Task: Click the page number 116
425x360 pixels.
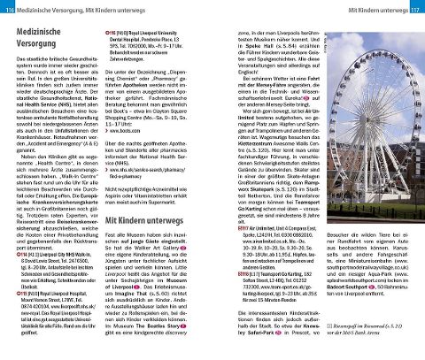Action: coord(8,8)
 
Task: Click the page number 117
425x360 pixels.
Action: coord(415,8)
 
